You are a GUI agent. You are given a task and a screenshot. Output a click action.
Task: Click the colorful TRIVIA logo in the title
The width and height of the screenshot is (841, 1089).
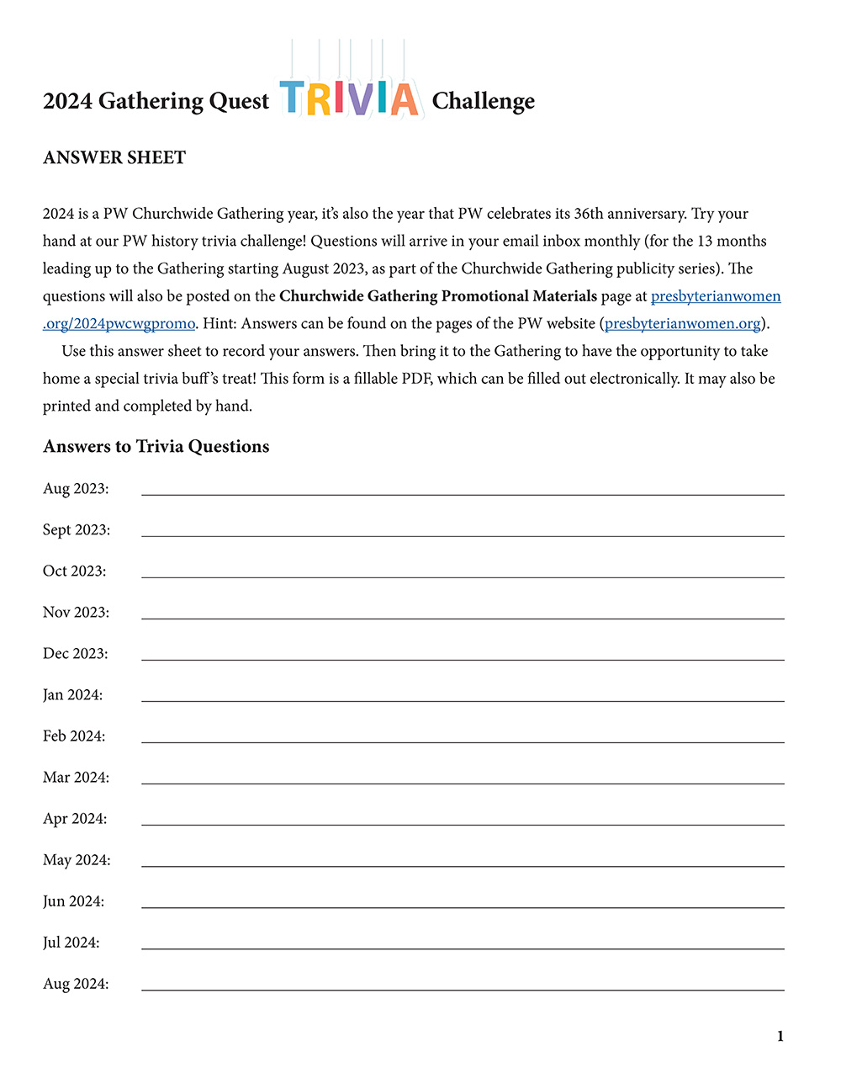click(349, 98)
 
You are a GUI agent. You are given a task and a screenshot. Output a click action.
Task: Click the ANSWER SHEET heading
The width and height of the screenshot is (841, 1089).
click(114, 157)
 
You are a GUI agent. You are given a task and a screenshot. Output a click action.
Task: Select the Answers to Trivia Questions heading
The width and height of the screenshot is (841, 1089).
click(156, 446)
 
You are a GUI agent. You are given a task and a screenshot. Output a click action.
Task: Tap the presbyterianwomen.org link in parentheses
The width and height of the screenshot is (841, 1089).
click(682, 323)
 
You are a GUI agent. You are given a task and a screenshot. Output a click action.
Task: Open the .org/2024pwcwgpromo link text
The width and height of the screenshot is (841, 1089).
click(119, 323)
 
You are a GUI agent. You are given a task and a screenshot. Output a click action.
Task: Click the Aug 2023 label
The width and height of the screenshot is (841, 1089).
click(76, 488)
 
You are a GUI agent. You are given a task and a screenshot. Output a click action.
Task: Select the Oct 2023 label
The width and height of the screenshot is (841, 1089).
click(75, 571)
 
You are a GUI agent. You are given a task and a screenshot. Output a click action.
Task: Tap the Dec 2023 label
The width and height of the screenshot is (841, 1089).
click(76, 653)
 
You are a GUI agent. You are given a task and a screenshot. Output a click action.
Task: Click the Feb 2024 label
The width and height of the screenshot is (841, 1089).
click(74, 736)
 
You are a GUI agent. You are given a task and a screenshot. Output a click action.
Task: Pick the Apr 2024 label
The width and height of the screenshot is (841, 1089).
click(75, 818)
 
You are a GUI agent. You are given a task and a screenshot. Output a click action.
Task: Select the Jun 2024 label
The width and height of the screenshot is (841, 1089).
click(74, 900)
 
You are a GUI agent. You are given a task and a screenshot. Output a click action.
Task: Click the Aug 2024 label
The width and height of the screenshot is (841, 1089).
click(76, 983)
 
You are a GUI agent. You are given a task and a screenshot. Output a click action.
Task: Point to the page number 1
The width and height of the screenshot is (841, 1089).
click(780, 1036)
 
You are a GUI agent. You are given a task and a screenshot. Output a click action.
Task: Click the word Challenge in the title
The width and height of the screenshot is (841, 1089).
click(483, 101)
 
